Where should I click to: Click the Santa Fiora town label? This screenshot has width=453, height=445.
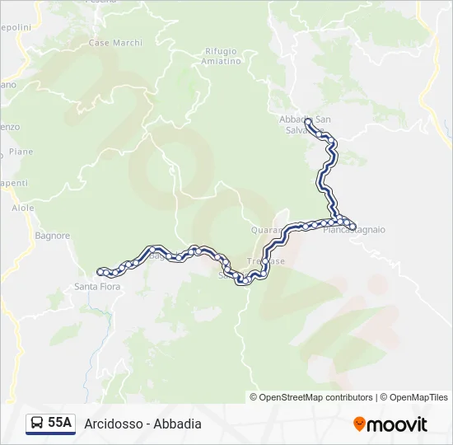(97, 287)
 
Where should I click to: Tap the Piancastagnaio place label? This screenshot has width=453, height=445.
(354, 230)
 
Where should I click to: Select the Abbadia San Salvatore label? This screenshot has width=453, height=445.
(306, 124)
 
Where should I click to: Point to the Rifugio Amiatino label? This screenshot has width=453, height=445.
(222, 56)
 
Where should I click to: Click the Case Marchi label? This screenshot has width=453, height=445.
(114, 43)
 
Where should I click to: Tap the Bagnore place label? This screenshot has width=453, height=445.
(53, 236)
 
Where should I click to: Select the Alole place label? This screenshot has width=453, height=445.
(23, 208)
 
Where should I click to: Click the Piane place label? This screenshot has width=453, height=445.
(21, 152)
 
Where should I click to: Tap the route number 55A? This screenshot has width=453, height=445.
(60, 424)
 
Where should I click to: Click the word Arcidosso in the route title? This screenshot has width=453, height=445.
(111, 424)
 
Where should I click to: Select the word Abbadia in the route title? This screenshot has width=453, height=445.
(177, 424)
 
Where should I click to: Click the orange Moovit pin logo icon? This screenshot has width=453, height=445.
(359, 424)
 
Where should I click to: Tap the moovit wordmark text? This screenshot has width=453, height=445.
(397, 424)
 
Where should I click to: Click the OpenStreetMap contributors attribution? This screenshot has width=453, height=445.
(311, 397)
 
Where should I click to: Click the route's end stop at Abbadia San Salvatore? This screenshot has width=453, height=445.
(308, 122)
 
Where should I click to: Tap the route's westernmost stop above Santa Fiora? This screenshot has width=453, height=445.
(100, 271)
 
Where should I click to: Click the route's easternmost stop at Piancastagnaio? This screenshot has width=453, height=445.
(353, 226)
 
